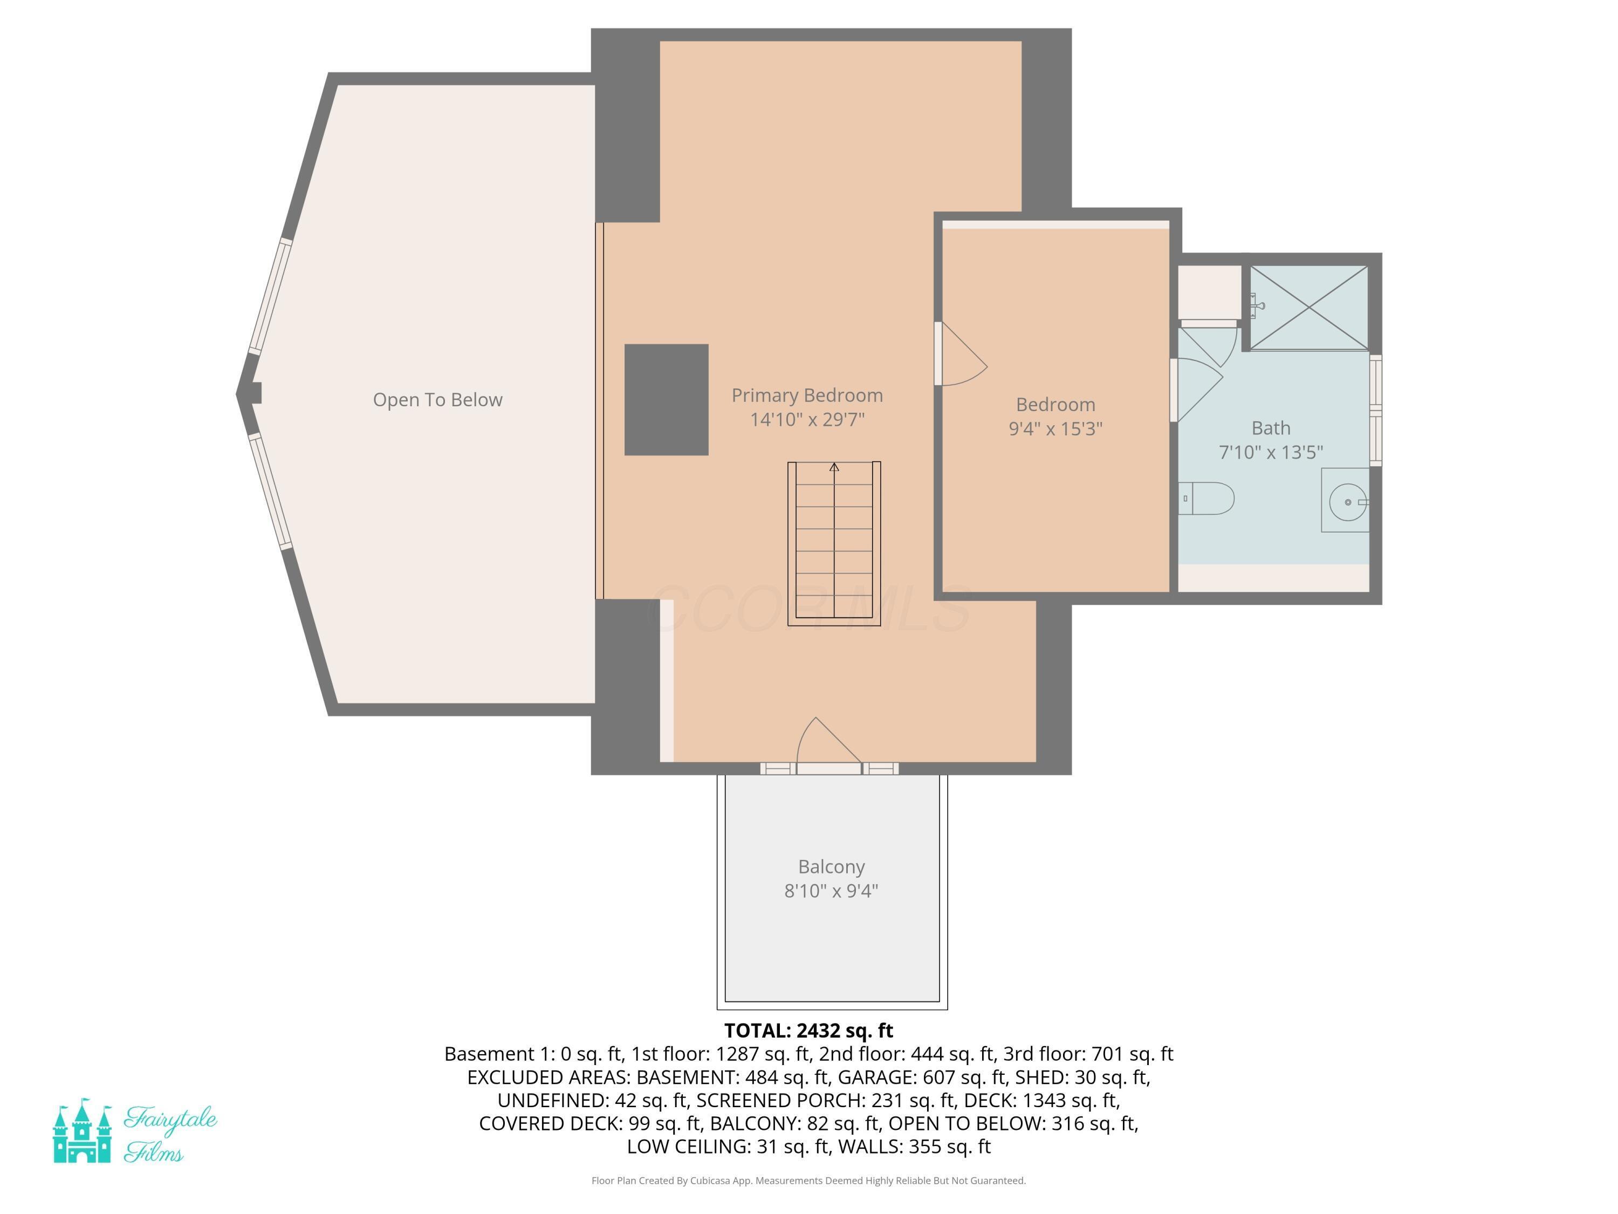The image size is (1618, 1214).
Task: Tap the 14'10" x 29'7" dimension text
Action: pyautogui.click(x=807, y=419)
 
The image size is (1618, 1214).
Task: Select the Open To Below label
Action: pyautogui.click(x=437, y=400)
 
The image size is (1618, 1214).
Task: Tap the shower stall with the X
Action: pyautogui.click(x=1308, y=308)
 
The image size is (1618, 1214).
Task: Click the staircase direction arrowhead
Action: pyautogui.click(x=834, y=467)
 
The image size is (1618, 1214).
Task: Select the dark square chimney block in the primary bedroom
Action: pyautogui.click(x=666, y=400)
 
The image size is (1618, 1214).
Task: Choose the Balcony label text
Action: pyautogui.click(x=832, y=867)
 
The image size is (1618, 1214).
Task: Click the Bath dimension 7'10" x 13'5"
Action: pyautogui.click(x=1271, y=452)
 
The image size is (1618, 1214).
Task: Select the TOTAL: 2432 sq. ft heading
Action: pyautogui.click(x=808, y=1031)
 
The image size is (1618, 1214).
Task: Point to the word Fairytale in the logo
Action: pyautogui.click(x=170, y=1119)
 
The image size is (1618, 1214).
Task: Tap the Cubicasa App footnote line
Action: pyautogui.click(x=808, y=1181)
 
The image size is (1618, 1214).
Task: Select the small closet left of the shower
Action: pyautogui.click(x=1210, y=292)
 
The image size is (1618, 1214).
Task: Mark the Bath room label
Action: pyautogui.click(x=1271, y=428)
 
